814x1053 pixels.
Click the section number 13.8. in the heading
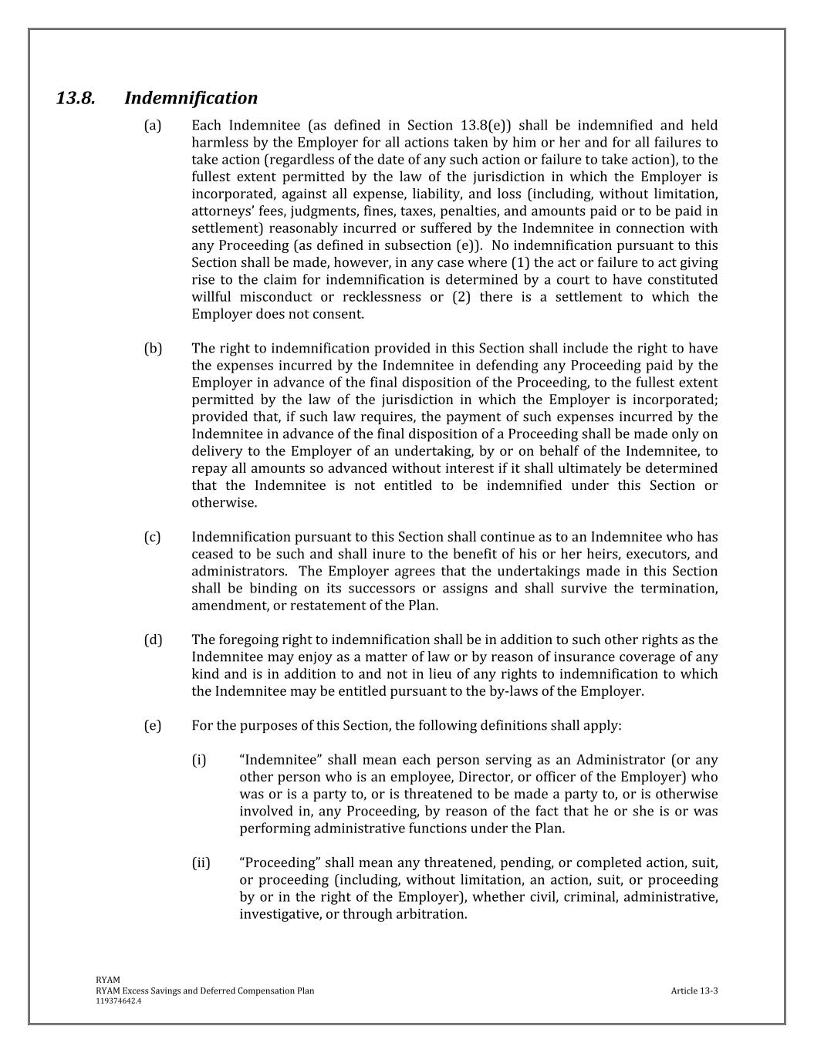tap(76, 99)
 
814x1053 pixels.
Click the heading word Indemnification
tap(191, 99)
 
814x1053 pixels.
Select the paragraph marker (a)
tap(153, 126)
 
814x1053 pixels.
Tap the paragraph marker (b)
tap(153, 349)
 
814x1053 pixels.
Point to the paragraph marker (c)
tap(153, 537)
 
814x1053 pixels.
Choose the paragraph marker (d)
tap(153, 640)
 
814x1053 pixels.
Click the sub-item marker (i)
tap(199, 761)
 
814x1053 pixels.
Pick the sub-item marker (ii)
tap(201, 863)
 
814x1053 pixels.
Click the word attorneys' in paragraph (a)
tap(218, 211)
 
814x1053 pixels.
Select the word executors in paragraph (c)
tap(654, 554)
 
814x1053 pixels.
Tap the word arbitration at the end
tap(428, 915)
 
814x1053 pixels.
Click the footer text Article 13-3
tap(694, 991)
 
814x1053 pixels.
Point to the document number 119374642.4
tap(119, 1001)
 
